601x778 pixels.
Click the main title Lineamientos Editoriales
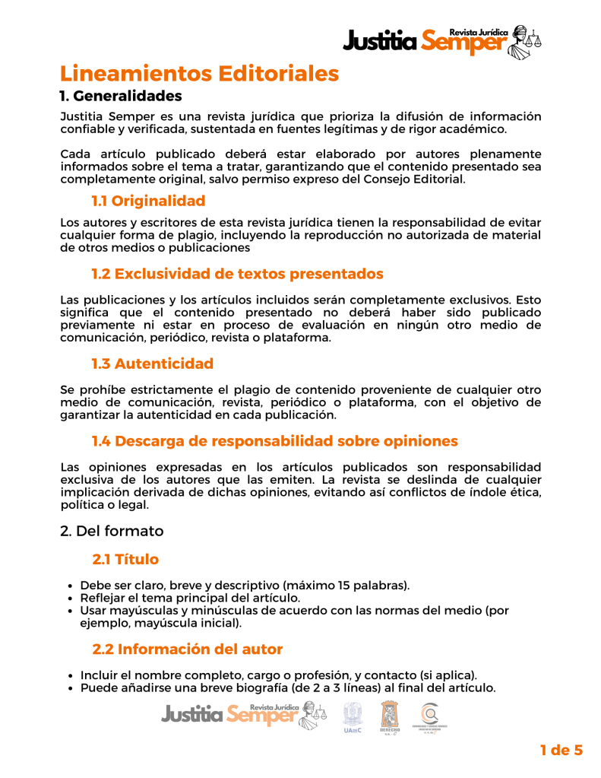point(199,74)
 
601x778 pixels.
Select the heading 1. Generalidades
point(121,97)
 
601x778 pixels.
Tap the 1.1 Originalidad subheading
point(148,201)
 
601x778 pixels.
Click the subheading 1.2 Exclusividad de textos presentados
point(237,274)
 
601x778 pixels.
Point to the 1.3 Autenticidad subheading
point(152,364)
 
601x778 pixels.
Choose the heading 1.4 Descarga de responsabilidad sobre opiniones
point(274,441)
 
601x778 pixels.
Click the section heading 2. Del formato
point(112,531)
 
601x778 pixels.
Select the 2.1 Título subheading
point(125,560)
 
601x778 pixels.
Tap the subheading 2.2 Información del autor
point(187,649)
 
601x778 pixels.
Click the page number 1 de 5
point(561,751)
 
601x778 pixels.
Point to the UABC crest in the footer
point(352,716)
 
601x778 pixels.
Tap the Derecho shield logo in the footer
point(389,716)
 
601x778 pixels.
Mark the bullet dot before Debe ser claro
point(70,586)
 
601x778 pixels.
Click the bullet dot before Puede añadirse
point(70,689)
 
